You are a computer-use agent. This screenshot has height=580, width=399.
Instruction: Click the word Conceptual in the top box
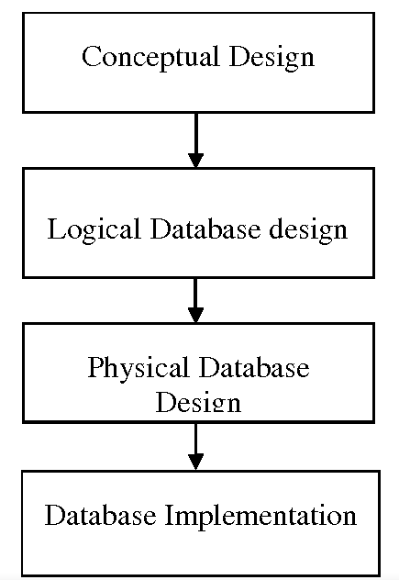coord(150,57)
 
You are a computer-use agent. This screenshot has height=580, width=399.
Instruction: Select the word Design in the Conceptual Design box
coord(272,57)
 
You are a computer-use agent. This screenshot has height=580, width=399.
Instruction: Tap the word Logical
coord(94,230)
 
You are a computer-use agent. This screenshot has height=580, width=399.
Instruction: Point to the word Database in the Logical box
coord(205,229)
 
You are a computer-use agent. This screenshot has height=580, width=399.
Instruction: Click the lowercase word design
coord(308,230)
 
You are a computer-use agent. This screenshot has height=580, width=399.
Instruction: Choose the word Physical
coord(138,368)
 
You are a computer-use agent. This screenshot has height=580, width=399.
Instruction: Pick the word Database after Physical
coord(254,367)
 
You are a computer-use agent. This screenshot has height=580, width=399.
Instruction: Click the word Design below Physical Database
coord(198,401)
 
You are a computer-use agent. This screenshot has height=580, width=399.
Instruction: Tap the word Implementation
coord(260,516)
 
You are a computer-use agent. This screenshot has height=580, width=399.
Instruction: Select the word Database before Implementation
coord(100,515)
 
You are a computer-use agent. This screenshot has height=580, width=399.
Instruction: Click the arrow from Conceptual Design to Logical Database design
coord(195,140)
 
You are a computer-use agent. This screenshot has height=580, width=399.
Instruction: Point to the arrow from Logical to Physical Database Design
coord(195,300)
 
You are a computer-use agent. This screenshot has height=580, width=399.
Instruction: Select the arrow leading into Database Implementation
coord(195,446)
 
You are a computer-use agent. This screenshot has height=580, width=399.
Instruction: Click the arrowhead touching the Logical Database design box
coord(195,161)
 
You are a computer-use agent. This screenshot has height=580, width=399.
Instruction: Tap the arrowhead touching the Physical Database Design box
coord(195,316)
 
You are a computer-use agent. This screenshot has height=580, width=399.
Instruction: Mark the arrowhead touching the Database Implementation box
coord(195,463)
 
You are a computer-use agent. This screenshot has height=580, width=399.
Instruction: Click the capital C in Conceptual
coord(92,56)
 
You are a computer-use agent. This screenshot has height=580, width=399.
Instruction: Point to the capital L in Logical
coord(57,229)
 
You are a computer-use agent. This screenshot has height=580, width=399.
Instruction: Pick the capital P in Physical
coord(96,366)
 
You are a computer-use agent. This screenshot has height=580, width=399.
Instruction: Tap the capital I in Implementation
coord(169,515)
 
